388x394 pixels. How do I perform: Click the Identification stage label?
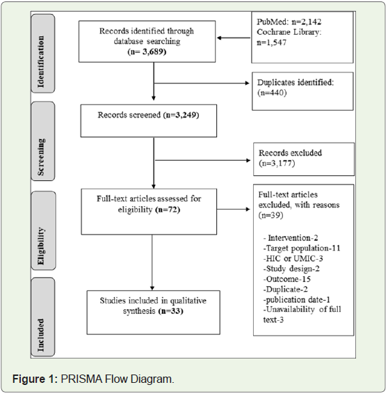pos(41,61)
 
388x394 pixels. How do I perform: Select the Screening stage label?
pos(41,157)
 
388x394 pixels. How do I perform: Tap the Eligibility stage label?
pos(40,246)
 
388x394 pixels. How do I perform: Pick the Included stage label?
pos(40,335)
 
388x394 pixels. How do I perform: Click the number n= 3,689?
pos(147,52)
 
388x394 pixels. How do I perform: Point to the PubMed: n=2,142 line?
pos(289,22)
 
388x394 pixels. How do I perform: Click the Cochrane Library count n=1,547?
pos(271,42)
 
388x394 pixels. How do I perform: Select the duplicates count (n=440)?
pos(272,93)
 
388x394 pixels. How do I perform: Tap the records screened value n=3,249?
pos(181,115)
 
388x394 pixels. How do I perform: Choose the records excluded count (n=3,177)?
pos(277,164)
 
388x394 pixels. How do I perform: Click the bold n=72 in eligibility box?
pos(168,210)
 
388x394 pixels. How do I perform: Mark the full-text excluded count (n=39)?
pos(270,215)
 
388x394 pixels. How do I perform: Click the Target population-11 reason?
pos(302,249)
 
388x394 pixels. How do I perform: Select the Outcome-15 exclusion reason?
pos(287,279)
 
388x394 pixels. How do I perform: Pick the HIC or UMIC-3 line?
pos(293,258)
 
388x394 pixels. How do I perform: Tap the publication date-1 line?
pos(296,300)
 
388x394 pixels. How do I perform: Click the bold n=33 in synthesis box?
pos(170,311)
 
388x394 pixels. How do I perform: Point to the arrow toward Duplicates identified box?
pos(202,83)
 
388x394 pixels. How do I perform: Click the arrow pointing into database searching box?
pos(234,38)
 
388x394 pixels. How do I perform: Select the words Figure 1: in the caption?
pos(35,379)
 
